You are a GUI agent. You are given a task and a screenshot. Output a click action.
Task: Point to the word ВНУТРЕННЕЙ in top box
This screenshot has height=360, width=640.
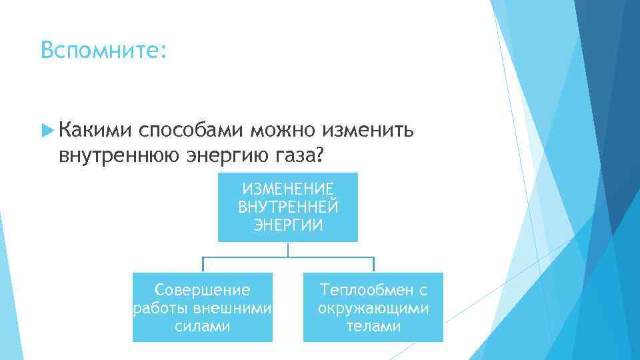[x=288, y=207]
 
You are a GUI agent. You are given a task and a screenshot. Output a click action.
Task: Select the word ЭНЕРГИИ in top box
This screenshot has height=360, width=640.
[x=288, y=225]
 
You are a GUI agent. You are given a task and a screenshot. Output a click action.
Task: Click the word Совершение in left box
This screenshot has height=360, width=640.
[x=203, y=290]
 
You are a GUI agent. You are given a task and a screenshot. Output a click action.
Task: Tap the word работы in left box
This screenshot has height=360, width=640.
[x=161, y=308]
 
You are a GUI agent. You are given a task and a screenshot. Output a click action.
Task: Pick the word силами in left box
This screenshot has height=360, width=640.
[x=203, y=326]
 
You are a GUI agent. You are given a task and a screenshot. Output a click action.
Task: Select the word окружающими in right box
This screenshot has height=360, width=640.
[x=373, y=308]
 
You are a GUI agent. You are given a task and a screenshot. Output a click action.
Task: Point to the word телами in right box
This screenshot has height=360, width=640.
[x=373, y=326]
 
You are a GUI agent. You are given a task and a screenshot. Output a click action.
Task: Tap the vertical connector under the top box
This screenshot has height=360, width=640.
[x=288, y=249]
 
